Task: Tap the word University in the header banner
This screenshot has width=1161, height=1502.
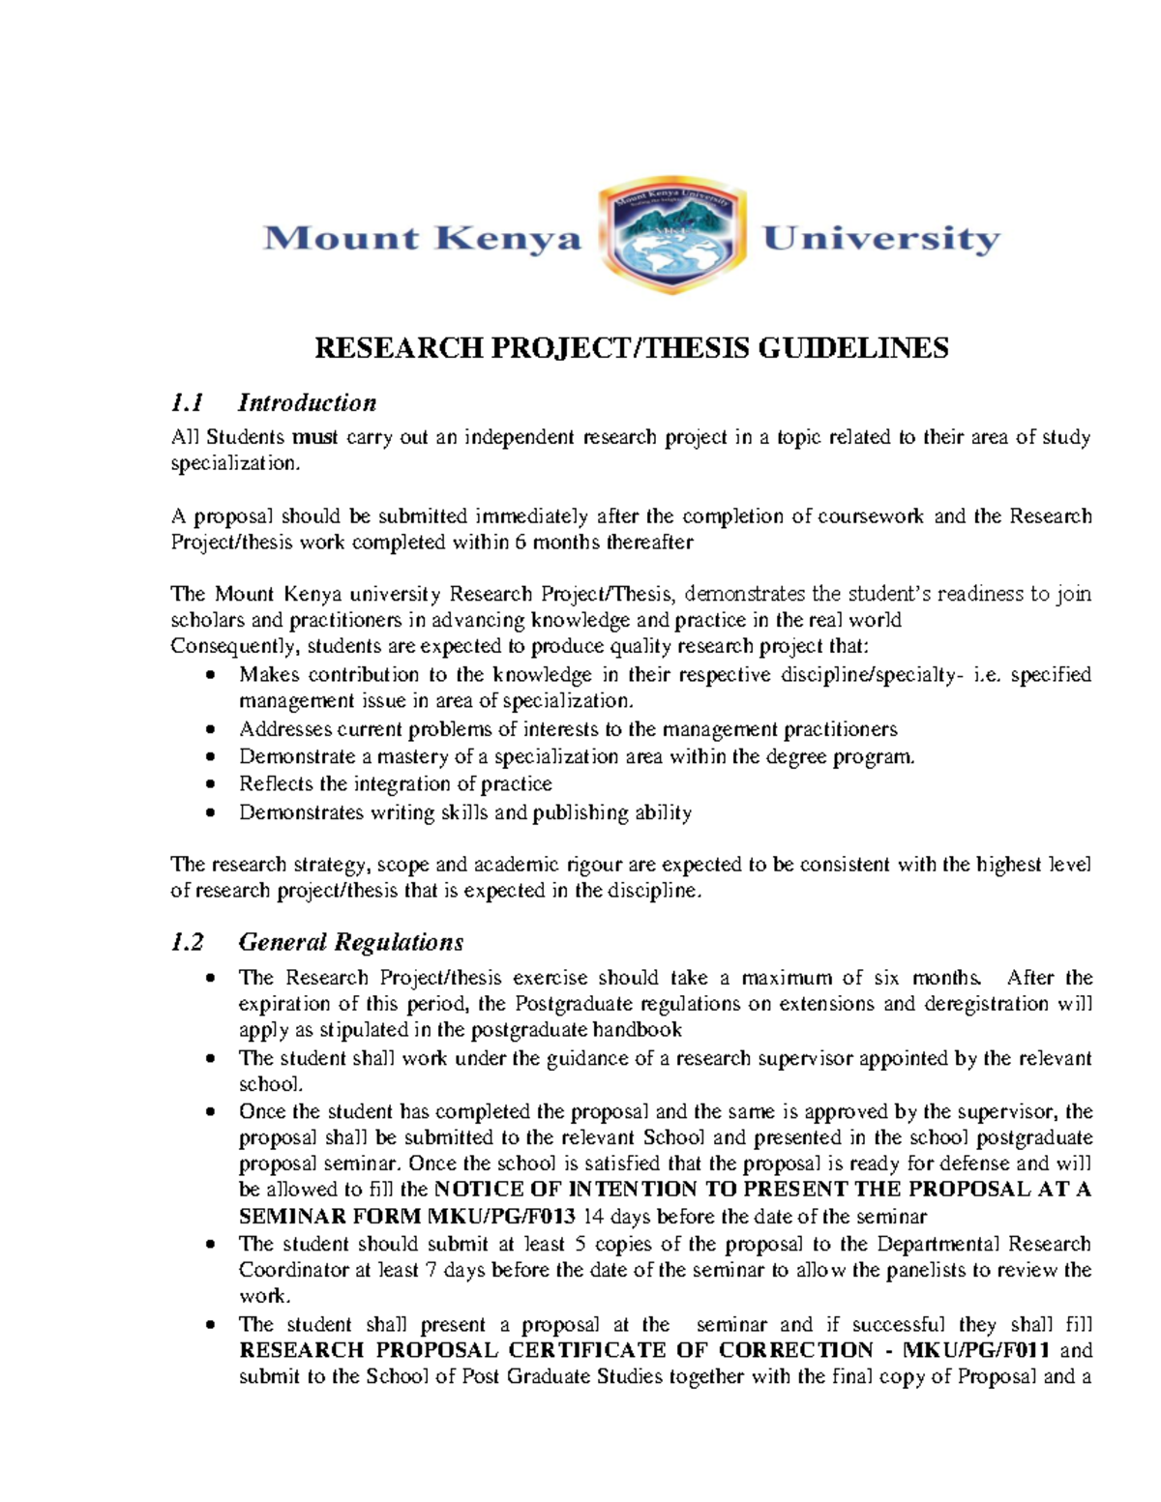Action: [x=881, y=238]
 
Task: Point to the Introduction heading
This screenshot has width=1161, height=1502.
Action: [x=307, y=402]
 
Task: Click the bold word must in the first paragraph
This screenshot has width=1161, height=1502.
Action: [x=315, y=437]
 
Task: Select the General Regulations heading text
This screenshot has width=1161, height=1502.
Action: [x=350, y=942]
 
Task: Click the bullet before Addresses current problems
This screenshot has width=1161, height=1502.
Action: [x=211, y=730]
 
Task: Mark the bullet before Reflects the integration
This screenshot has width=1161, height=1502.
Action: [x=211, y=784]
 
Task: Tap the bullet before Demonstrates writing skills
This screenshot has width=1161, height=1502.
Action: [x=211, y=812]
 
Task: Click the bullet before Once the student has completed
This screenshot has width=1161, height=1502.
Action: [x=211, y=1112]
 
